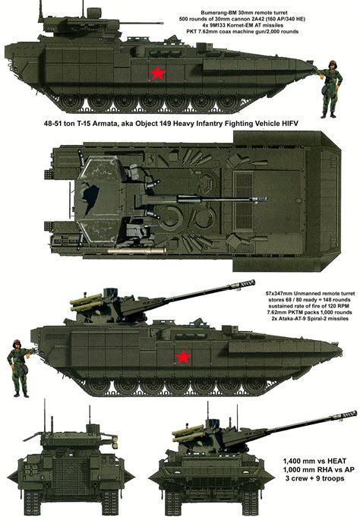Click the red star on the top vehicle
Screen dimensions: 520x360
(158, 73)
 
